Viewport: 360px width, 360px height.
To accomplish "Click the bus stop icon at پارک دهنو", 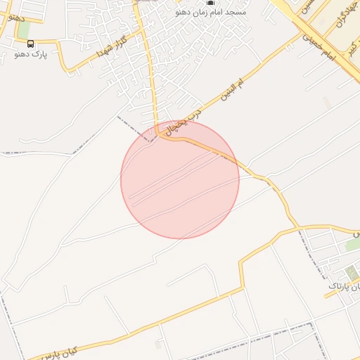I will (x=30, y=44).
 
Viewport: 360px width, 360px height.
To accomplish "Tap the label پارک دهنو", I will (x=30, y=54).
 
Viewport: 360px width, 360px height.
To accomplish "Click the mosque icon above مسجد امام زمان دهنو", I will (x=210, y=4).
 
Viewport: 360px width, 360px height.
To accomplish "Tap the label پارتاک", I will (x=339, y=286).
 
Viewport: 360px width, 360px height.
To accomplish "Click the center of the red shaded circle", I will (x=180, y=180).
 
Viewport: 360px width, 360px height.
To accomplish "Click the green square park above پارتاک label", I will (x=349, y=272).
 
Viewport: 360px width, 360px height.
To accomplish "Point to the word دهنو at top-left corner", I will (x=14, y=15).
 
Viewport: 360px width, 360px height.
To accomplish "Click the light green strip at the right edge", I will (x=352, y=244).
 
